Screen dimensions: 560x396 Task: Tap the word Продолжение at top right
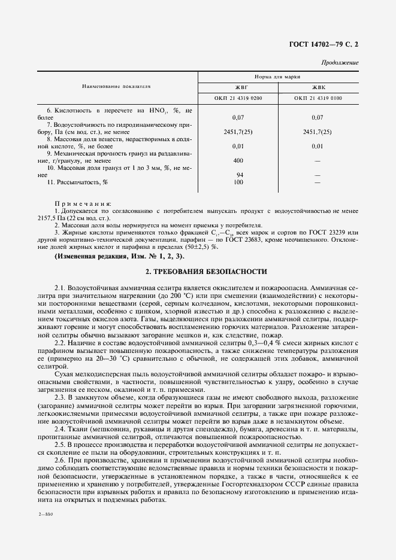click(x=340, y=62)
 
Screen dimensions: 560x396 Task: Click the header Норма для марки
click(x=279, y=77)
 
